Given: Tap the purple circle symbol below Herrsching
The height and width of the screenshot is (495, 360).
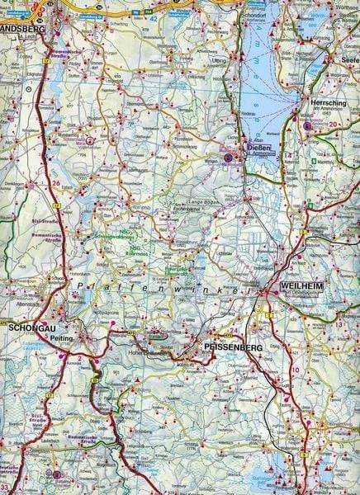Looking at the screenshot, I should (307, 126).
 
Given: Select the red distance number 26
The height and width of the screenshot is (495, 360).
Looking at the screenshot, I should (56, 183).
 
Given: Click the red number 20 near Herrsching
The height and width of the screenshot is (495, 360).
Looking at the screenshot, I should (334, 125).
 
